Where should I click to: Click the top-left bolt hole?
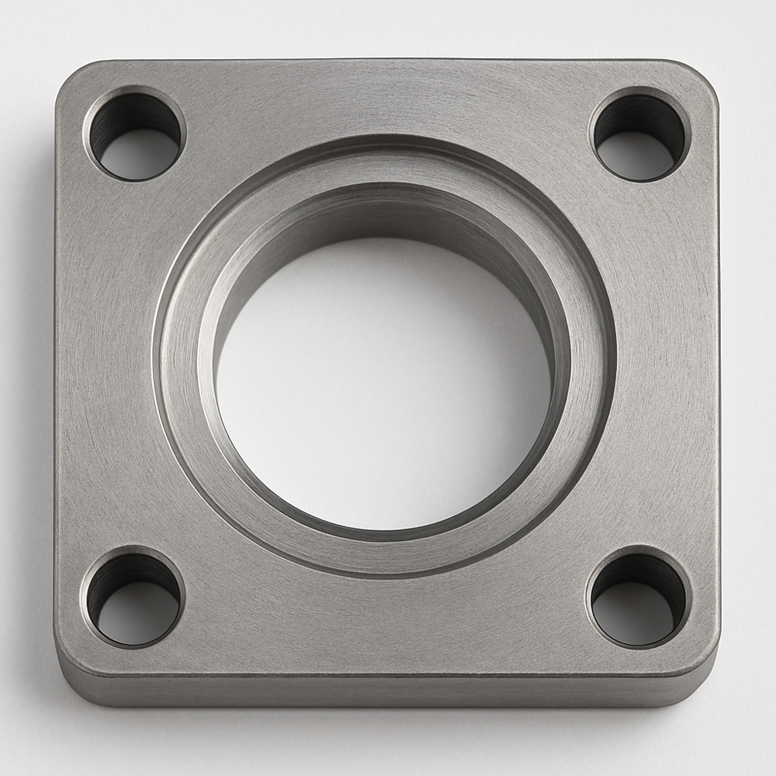point(135,135)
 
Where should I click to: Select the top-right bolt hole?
point(640,135)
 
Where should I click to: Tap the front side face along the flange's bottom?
point(388,691)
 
